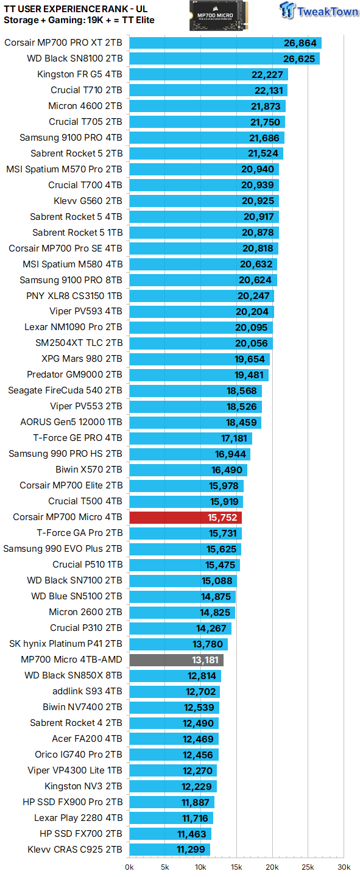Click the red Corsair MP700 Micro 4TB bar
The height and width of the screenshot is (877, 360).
pyautogui.click(x=186, y=517)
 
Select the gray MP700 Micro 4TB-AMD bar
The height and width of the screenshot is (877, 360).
pyautogui.click(x=177, y=660)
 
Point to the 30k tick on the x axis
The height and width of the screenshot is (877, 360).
pyautogui.click(x=344, y=867)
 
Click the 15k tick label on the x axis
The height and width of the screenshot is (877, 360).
pyautogui.click(x=236, y=867)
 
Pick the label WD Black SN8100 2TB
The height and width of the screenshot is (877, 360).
pyautogui.click(x=74, y=58)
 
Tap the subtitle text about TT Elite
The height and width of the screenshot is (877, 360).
pyautogui.click(x=79, y=20)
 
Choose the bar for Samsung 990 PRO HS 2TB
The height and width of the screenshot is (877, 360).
pyautogui.click(x=189, y=454)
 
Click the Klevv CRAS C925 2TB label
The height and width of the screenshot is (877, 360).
pyautogui.click(x=75, y=850)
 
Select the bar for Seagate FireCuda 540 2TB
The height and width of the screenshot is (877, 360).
pyautogui.click(x=196, y=390)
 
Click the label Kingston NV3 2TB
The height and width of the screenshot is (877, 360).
pyautogui.click(x=83, y=786)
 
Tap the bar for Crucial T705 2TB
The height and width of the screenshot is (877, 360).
pyautogui.click(x=207, y=122)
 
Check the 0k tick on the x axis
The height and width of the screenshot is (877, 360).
pyautogui.click(x=130, y=867)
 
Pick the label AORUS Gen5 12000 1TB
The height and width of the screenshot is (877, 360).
pyautogui.click(x=71, y=422)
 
